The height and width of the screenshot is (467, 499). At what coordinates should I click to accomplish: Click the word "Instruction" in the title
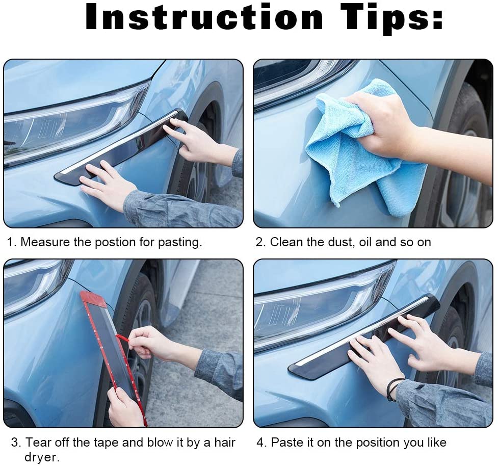click(x=204, y=18)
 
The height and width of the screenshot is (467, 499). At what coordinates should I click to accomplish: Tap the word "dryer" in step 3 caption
click(x=41, y=457)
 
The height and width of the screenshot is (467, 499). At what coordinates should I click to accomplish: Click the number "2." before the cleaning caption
click(x=261, y=242)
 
